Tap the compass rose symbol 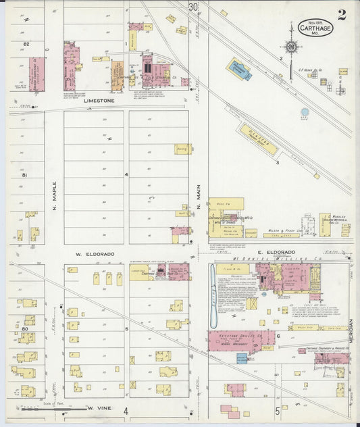coord(291,47)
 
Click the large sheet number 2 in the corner coord(342,15)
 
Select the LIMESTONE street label coord(99,101)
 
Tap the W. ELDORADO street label coord(94,254)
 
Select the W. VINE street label coord(99,408)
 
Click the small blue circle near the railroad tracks coord(305,112)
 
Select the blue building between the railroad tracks coord(238,69)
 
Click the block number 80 coord(24,328)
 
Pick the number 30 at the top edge coord(194,7)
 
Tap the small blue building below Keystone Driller coord(242,358)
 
